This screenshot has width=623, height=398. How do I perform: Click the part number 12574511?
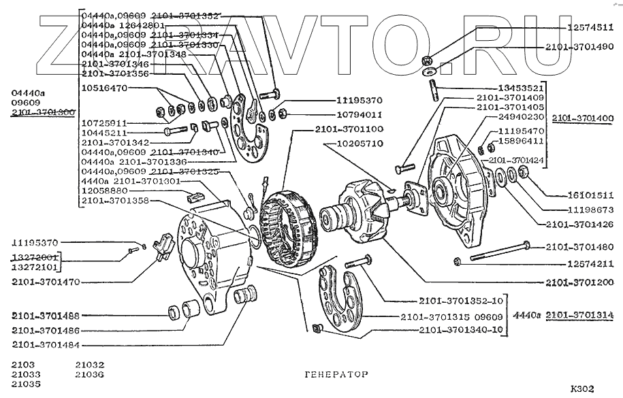[x=590, y=27]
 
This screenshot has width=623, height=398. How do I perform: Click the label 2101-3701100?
[x=348, y=129]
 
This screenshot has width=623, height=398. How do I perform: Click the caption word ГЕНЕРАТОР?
[x=334, y=374]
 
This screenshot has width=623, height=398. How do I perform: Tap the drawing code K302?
[x=582, y=389]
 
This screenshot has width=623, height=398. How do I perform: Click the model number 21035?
[x=26, y=384]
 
